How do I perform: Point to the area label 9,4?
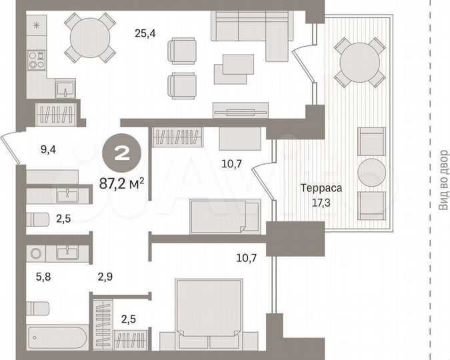[x=47, y=150]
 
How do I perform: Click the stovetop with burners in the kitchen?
[x=35, y=60]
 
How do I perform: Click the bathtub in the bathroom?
[x=56, y=341]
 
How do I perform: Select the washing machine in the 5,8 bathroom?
[x=35, y=253]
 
